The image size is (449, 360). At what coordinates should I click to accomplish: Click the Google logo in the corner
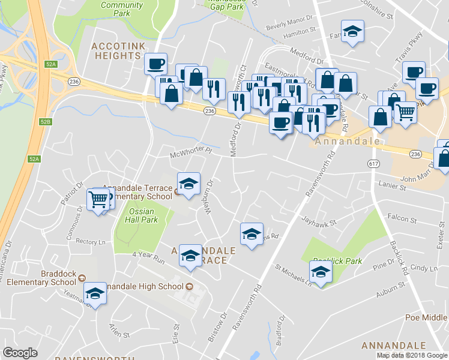20,352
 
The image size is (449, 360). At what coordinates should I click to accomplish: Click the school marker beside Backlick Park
321,272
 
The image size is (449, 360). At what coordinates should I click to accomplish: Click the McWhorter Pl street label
191,154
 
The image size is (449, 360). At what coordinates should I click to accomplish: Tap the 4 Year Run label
148,257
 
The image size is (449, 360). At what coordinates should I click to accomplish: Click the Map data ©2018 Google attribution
412,355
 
